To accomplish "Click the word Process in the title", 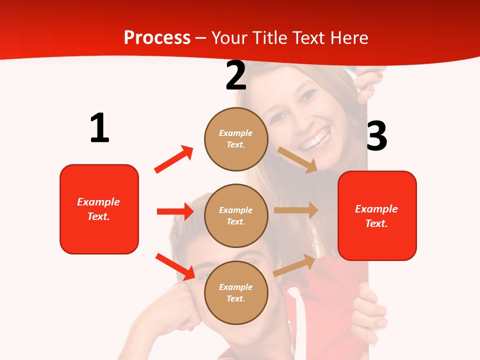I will coord(157,38).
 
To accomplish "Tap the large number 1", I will coord(99,128).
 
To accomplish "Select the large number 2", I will coord(236,75).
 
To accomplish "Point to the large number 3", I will coord(376,136).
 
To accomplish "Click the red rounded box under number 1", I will coord(99,209).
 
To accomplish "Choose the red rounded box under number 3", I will coord(377,215).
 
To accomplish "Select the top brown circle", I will coord(236,138).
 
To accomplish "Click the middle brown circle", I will coord(236,215).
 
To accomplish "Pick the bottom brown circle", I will coord(236,292).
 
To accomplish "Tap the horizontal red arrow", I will coord(175,211).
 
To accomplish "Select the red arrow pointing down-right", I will coord(175,266).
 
